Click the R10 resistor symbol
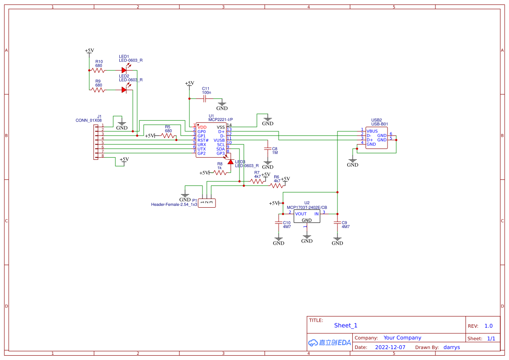98,70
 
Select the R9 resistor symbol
98,90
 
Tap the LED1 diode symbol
125,70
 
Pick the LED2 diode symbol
125,90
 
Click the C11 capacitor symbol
204,99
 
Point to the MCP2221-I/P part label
220,119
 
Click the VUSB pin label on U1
219,140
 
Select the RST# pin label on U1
203,140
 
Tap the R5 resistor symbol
168,136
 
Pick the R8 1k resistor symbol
220,173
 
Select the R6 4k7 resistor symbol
276,185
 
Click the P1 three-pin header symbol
207,202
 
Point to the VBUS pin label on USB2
372,131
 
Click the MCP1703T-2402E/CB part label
307,207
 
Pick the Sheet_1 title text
346,326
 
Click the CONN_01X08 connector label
88,121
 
